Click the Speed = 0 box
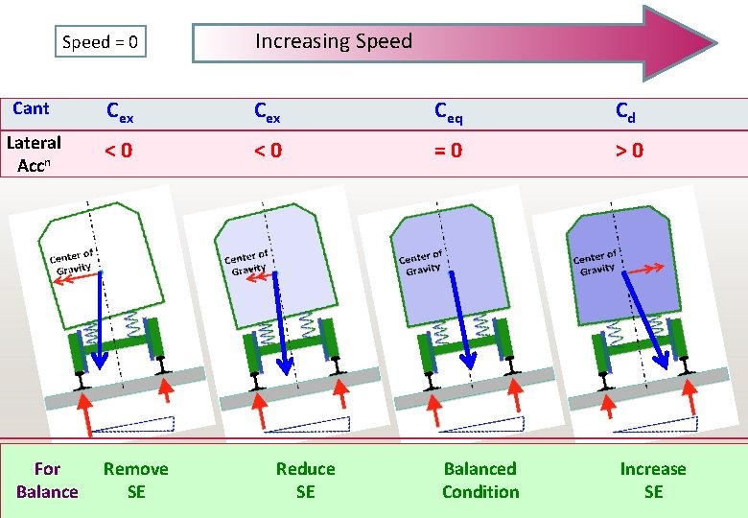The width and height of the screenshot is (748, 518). point(101,42)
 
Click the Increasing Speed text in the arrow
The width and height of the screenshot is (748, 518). point(333,41)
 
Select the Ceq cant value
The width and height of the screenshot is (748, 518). point(447,111)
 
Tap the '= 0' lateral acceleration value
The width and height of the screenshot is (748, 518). point(448,151)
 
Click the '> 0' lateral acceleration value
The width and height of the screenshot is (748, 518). point(629,151)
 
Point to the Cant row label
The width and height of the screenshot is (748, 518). point(32,108)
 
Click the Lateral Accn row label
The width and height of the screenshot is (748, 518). point(34,153)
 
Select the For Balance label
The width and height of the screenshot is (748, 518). point(46,481)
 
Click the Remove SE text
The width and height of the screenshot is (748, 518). point(135,481)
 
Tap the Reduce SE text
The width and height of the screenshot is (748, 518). point(305,481)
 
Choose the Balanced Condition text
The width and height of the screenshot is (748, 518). point(479,481)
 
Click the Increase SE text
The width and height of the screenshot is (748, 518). point(653,481)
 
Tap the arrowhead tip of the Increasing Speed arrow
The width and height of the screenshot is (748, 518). point(714,43)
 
